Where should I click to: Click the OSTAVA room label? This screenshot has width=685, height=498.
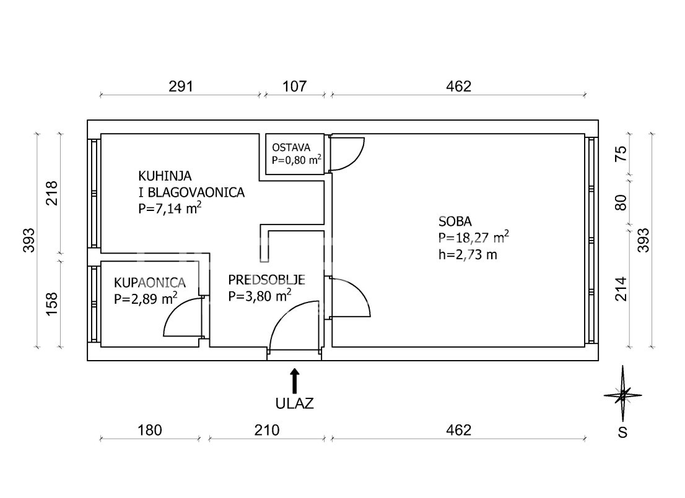291,147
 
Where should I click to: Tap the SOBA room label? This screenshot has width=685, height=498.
455,221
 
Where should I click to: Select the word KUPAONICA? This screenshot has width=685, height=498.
149,283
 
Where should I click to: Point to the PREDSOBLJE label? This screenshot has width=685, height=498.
266,280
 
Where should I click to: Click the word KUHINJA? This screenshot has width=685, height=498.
165,176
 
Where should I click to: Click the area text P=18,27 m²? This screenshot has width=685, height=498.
474,238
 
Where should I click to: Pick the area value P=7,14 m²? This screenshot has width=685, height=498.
170,208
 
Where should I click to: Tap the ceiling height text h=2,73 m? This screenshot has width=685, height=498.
468,254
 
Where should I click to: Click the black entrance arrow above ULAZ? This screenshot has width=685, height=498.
295,381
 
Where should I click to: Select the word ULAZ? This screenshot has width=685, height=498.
294,403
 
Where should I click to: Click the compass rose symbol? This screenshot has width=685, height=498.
623,395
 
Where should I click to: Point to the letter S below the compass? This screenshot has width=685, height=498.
622,432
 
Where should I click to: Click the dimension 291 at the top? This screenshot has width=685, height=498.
181,87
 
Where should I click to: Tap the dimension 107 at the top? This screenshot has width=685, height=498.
295,87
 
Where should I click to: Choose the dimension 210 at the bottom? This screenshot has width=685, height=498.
267,431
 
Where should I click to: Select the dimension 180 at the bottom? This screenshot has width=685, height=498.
150,431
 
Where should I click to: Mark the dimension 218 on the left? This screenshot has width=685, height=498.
51,194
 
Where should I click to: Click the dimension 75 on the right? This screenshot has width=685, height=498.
621,153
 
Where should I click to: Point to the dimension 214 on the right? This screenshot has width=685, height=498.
621,289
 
